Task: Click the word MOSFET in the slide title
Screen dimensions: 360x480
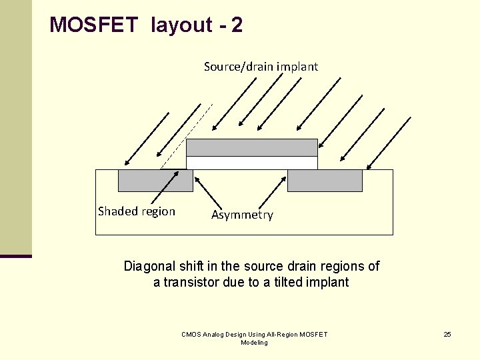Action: tap(94, 25)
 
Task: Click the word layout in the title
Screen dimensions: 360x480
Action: tap(181, 25)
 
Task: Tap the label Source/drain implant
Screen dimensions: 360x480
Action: tap(261, 67)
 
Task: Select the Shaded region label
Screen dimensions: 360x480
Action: tap(137, 211)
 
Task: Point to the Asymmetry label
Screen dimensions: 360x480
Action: tap(242, 215)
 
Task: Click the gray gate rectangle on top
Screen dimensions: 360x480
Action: tap(251, 147)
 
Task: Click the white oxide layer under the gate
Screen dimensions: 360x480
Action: tap(251, 163)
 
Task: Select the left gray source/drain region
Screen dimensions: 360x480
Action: tap(155, 181)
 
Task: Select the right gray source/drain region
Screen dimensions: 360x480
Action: tap(325, 181)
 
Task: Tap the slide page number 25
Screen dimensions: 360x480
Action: tap(447, 334)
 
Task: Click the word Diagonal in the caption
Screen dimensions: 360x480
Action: tap(149, 267)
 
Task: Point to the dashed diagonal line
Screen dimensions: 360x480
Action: tap(187, 135)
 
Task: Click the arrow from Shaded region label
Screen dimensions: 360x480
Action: tap(165, 187)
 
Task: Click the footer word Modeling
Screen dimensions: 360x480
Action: tap(254, 343)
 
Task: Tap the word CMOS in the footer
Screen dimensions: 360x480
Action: tap(192, 334)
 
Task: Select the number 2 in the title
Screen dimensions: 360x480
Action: tap(237, 25)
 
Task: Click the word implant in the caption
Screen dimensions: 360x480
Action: tap(328, 282)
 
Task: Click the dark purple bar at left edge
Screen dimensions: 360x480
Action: tap(16, 256)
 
